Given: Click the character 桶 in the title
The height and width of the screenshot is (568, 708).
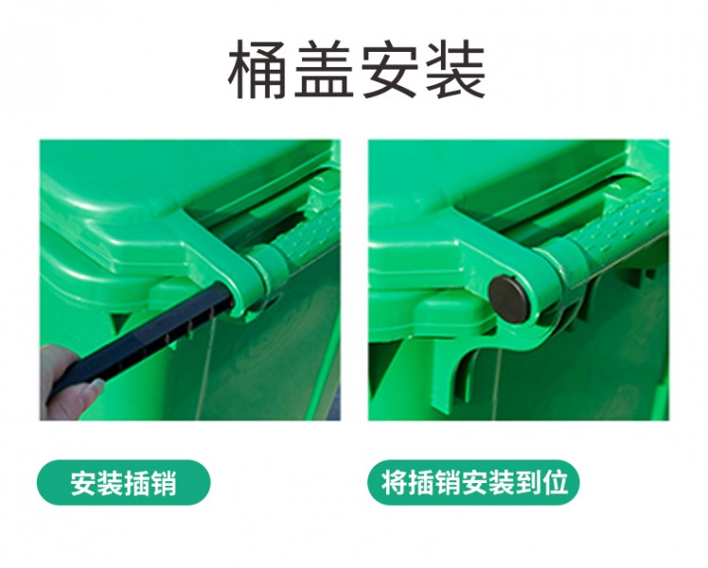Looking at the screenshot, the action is pyautogui.click(x=258, y=69).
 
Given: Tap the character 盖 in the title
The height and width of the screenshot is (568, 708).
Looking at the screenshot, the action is pyautogui.click(x=324, y=69).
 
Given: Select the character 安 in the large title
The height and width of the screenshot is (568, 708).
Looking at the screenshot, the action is pyautogui.click(x=389, y=69).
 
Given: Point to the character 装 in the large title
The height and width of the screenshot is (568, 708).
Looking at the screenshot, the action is pyautogui.click(x=455, y=69).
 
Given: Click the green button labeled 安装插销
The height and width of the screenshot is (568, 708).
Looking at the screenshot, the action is pyautogui.click(x=124, y=482).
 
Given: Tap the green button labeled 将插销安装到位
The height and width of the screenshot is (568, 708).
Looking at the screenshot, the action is pyautogui.click(x=473, y=482).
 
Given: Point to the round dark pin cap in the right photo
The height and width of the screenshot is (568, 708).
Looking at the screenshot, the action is pyautogui.click(x=509, y=298).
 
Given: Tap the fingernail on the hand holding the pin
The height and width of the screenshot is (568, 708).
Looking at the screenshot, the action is pyautogui.click(x=96, y=385).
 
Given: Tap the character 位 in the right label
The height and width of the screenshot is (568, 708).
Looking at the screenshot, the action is pyautogui.click(x=555, y=483).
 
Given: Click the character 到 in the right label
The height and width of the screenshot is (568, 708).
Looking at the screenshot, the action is pyautogui.click(x=528, y=483).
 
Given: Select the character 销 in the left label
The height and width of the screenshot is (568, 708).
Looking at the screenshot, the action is pyautogui.click(x=163, y=483).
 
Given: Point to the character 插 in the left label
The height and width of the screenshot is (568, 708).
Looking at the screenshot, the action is pyautogui.click(x=137, y=483).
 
